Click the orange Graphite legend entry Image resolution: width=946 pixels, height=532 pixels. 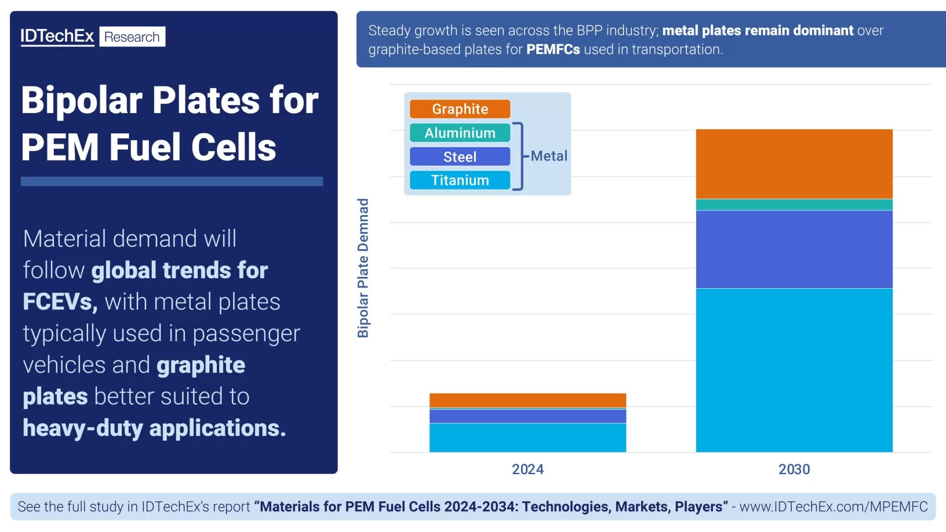tap(460, 109)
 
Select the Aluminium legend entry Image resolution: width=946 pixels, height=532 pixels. tap(460, 133)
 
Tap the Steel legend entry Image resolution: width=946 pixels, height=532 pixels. tap(460, 156)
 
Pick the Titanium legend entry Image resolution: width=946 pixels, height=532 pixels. tap(460, 180)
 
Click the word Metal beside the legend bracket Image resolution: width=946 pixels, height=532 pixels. tap(548, 156)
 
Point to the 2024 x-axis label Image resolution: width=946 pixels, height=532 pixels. tap(527, 469)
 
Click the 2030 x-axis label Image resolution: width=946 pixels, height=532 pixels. tap(794, 469)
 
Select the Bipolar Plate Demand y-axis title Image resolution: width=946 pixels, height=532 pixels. tap(363, 268)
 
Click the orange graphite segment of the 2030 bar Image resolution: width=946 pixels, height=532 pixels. tap(794, 164)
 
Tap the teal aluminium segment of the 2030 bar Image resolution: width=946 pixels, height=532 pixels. tap(794, 205)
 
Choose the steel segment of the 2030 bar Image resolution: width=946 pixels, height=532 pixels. tap(794, 249)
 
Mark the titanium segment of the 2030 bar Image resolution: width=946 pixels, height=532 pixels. tap(794, 370)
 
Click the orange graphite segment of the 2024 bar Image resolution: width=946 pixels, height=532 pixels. tap(527, 400)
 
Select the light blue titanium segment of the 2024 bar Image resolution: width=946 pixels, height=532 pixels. tap(527, 438)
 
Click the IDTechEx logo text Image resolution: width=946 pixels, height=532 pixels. tap(57, 37)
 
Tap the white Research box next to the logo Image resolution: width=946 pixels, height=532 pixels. tap(132, 37)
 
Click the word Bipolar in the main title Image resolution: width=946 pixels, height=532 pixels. tap(81, 100)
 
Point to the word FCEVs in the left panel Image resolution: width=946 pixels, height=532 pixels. tap(59, 302)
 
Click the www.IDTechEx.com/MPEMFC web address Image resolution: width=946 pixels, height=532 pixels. tap(833, 507)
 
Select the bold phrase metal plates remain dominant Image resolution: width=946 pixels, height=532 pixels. tap(757, 30)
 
